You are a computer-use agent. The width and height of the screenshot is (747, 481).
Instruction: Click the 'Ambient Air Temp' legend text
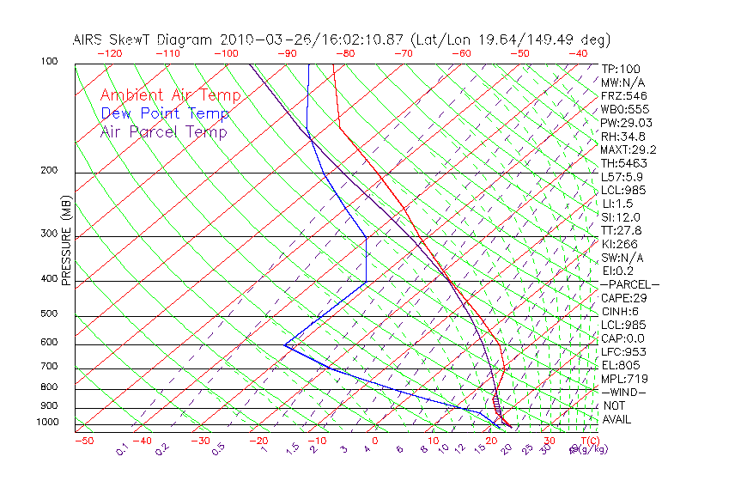pyautogui.click(x=170, y=95)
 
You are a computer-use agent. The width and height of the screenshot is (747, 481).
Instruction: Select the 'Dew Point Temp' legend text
pyautogui.click(x=165, y=113)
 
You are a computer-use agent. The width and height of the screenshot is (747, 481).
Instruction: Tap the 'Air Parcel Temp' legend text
pyautogui.click(x=163, y=131)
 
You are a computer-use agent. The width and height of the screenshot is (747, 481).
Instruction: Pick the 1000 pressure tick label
pyautogui.click(x=48, y=423)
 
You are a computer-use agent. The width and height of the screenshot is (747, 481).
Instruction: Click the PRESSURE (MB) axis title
pyautogui.click(x=66, y=240)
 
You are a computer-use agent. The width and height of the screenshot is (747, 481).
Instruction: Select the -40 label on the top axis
pyautogui.click(x=578, y=53)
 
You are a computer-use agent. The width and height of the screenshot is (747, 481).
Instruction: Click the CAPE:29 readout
pyautogui.click(x=623, y=298)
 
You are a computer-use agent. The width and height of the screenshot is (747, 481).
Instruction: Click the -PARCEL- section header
pyautogui.click(x=629, y=284)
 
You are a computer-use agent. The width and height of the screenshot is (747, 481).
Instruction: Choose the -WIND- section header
pyautogui.click(x=624, y=393)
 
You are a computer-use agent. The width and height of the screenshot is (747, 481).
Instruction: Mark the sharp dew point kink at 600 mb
pyautogui.click(x=285, y=345)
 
